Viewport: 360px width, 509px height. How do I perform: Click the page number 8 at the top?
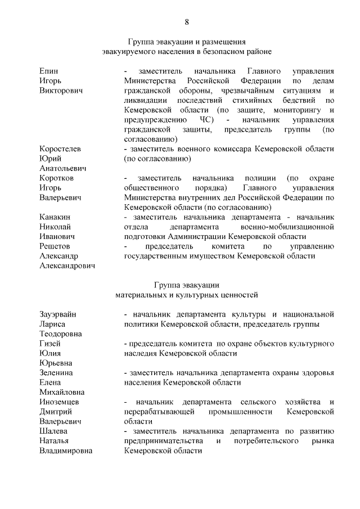coord(187,22)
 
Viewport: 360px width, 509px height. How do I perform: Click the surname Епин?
coord(49,71)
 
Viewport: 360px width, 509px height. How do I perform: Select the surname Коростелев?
coord(60,148)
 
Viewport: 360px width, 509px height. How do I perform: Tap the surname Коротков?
coord(56,178)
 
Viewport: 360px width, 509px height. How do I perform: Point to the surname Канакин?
coord(55,217)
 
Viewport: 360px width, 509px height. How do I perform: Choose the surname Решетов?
coord(55,246)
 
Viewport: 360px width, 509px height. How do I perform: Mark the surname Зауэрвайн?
coord(58,314)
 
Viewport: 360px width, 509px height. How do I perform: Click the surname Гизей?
coord(51,343)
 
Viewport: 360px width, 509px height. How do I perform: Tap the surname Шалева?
coord(54,431)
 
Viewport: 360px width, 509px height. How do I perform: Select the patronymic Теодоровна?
coord(61,334)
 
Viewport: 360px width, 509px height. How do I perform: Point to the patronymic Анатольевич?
coord(62,168)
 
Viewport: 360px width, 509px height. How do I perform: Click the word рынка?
coord(323,441)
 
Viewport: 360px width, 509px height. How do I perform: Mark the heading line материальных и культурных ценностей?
coord(186,294)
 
